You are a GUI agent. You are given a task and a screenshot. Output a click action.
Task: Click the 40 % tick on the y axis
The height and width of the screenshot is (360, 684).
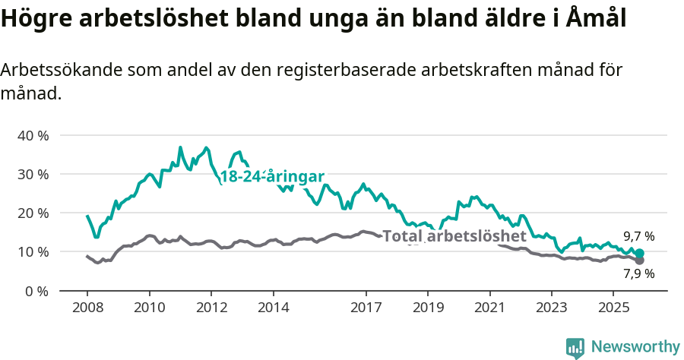tap(33, 135)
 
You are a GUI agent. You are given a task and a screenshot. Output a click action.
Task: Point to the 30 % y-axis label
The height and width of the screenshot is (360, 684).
tap(33, 174)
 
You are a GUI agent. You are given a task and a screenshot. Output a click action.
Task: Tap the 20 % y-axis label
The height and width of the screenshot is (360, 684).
tap(33, 213)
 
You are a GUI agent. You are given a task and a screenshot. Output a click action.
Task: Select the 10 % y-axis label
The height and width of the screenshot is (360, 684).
tap(33, 251)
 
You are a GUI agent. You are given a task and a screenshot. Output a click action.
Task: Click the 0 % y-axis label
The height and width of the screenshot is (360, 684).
tap(36, 291)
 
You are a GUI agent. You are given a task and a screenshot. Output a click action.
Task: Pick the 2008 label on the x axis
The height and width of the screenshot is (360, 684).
tap(87, 308)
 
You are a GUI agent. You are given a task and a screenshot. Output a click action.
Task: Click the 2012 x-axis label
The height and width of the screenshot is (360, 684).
tap(211, 308)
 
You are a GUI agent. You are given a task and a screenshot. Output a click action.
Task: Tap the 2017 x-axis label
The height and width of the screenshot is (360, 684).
tap(366, 308)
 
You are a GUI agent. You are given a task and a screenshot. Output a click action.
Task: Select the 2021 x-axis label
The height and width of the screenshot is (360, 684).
tap(489, 308)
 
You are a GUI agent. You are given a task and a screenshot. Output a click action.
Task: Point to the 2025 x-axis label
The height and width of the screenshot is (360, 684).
tap(613, 308)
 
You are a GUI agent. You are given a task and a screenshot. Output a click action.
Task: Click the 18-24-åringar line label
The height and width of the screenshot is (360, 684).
tap(272, 176)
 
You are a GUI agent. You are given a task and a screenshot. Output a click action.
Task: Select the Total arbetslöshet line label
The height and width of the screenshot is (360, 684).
tap(454, 236)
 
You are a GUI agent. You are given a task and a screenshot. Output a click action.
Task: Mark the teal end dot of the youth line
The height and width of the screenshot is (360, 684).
tap(639, 253)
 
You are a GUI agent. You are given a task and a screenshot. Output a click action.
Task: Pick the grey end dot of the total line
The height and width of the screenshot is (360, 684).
tap(639, 261)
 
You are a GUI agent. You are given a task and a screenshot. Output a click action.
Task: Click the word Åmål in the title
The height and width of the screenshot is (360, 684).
tap(597, 18)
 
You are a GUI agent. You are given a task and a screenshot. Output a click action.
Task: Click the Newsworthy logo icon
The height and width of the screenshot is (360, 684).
tap(575, 347)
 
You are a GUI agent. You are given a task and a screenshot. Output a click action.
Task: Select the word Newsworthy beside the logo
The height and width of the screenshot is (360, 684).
tap(635, 347)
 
